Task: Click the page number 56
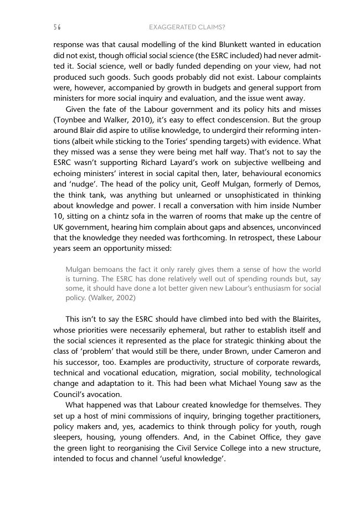(x=57, y=27)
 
